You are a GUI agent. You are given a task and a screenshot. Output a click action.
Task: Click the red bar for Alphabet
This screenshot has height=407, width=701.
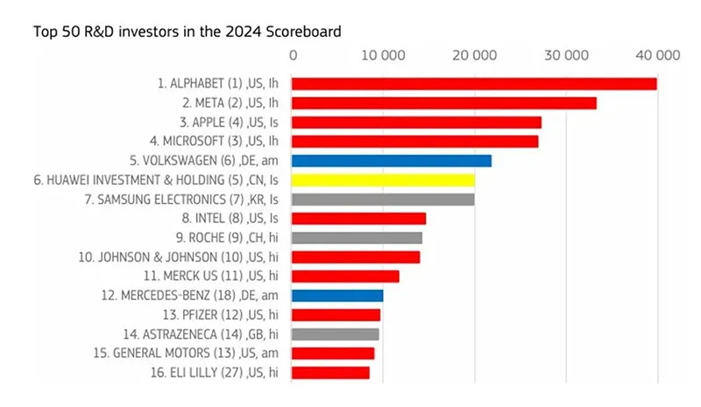474,84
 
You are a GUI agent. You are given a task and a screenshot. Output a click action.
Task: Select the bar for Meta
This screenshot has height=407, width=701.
444,103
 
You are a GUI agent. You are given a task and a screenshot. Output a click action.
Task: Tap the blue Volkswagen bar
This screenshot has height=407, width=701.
392,161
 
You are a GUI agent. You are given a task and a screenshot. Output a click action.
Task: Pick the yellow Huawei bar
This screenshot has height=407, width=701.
383,180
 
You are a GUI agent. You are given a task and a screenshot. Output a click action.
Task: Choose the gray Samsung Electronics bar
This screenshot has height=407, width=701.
383,200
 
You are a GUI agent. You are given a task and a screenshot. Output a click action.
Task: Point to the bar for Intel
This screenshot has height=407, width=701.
358,219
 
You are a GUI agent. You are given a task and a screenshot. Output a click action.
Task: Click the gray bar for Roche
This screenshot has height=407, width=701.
357,238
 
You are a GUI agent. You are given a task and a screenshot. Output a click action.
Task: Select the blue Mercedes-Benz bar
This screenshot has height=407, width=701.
337,296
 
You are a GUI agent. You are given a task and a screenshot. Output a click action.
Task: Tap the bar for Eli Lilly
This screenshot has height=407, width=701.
330,373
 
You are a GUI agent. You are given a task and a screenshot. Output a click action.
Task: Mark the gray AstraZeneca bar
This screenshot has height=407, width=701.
336,334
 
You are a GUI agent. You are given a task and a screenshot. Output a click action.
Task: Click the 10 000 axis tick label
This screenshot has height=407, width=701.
383,55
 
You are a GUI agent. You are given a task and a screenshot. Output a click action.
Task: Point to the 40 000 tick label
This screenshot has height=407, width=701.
657,55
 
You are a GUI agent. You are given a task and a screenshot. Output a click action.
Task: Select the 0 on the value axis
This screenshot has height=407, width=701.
293,55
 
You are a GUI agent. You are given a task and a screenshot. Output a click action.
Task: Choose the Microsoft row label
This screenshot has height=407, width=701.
217,142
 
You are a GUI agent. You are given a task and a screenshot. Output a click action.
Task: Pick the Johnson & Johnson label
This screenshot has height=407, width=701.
193,257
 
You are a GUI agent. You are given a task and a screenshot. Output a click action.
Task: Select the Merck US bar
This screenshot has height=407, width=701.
345,277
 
